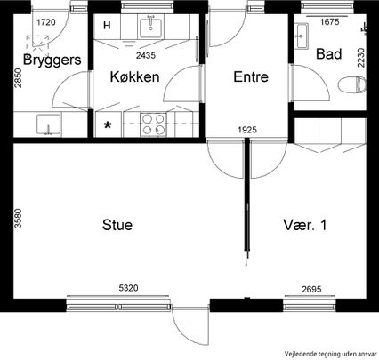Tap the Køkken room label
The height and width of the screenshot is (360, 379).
(x=134, y=77)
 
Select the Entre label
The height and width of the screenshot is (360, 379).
(x=252, y=77)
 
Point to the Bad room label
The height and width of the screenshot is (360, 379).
(x=328, y=54)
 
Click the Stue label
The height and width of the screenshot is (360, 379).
(x=117, y=226)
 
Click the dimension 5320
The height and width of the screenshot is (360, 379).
(x=131, y=288)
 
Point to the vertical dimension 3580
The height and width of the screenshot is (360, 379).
(x=17, y=220)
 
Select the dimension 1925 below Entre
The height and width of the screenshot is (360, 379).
(x=248, y=132)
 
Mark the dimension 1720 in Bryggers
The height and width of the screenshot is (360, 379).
(x=46, y=20)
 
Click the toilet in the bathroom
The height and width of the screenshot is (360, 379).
(x=352, y=86)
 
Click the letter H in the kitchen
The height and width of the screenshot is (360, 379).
(x=108, y=25)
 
